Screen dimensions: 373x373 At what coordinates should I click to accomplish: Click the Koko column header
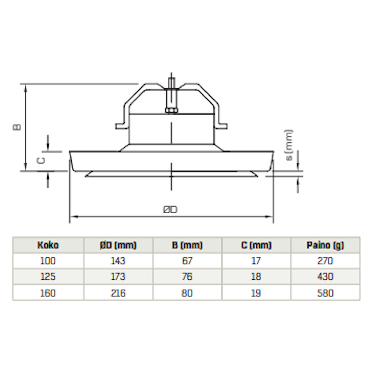click(48, 245)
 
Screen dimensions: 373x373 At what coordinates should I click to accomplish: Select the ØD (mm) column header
click(118, 245)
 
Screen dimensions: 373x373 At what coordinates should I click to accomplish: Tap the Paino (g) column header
click(325, 245)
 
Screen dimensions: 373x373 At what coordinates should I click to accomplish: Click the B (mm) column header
click(187, 245)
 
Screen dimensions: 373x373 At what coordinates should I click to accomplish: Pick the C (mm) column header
click(256, 245)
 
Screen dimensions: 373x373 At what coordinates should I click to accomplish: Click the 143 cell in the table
click(118, 261)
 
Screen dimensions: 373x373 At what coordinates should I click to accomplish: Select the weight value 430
click(325, 276)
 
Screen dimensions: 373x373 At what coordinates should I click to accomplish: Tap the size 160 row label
click(48, 293)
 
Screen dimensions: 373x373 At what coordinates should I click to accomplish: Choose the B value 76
click(187, 276)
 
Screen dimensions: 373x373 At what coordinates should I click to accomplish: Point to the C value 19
click(256, 293)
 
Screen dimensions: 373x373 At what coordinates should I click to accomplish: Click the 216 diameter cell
click(118, 293)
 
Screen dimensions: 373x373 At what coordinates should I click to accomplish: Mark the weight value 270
click(325, 261)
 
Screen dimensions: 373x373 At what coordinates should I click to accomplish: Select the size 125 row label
click(48, 276)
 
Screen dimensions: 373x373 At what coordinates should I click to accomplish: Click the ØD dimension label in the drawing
click(170, 210)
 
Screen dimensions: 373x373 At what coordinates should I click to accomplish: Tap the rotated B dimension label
click(17, 127)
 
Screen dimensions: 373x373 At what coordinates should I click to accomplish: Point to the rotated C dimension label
click(41, 161)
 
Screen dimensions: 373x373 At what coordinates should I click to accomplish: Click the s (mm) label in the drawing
click(289, 145)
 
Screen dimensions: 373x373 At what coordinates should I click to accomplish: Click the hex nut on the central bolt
click(171, 110)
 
